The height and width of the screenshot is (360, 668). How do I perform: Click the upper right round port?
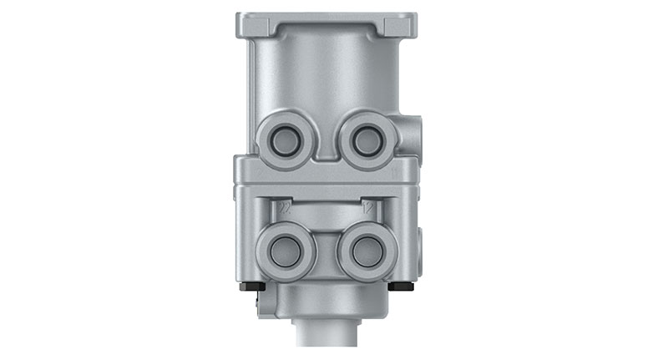[x=366, y=142]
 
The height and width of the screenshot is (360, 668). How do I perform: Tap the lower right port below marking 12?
[x=365, y=251]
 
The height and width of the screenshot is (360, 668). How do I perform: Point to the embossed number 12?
[x=367, y=205]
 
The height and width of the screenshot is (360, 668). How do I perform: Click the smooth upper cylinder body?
[x=326, y=75]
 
